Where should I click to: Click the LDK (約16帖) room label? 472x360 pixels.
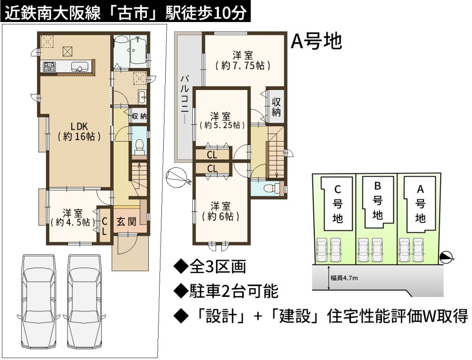[79, 131]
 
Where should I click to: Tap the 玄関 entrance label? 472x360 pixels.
[126, 222]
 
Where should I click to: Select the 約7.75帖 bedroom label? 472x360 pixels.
[242, 60]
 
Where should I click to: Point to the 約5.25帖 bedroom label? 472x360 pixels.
[221, 121]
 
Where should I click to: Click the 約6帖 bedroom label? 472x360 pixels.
[221, 211]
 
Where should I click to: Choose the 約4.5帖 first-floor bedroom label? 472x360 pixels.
[73, 218]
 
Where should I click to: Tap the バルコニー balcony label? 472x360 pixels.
[185, 100]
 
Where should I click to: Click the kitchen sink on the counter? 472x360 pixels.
[79, 67]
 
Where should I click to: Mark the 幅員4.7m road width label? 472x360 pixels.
[344, 278]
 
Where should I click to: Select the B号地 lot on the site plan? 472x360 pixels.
[378, 202]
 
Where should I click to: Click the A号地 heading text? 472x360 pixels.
[316, 41]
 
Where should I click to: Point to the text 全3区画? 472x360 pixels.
[210, 267]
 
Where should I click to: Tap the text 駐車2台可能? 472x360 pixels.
[226, 291]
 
